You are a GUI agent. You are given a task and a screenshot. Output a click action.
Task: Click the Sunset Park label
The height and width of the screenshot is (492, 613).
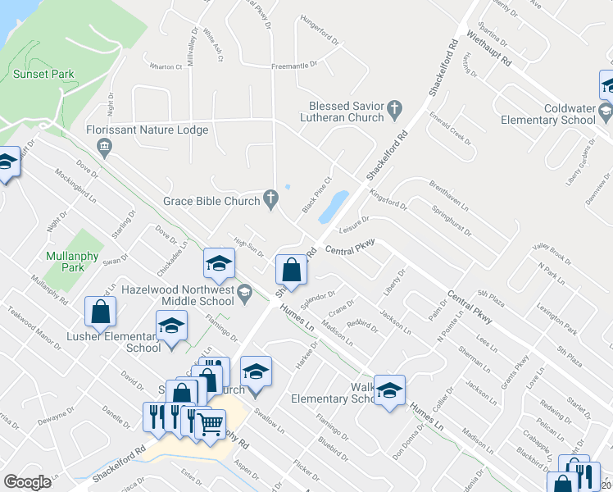pyautogui.click(x=43, y=74)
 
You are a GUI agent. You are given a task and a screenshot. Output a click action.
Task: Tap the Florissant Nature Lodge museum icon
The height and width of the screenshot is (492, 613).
pyautogui.click(x=104, y=148)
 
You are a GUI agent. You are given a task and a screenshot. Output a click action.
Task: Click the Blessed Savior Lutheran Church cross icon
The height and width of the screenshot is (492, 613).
pyautogui.click(x=394, y=107)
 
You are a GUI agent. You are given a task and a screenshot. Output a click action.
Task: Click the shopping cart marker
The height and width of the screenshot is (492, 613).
pyautogui.click(x=211, y=424)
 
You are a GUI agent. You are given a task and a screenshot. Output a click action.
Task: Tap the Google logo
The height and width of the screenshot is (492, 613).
pyautogui.click(x=27, y=482)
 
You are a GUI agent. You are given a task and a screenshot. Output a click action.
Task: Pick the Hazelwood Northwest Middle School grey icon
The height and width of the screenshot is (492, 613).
pyautogui.click(x=244, y=291)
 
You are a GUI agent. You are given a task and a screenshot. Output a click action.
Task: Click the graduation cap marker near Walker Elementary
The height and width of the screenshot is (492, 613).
pyautogui.click(x=389, y=388)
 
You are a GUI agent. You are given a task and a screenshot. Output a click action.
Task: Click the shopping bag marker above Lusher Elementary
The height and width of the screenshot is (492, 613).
pyautogui.click(x=100, y=311)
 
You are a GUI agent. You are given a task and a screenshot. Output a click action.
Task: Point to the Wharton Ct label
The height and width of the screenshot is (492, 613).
pyautogui.click(x=165, y=67)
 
